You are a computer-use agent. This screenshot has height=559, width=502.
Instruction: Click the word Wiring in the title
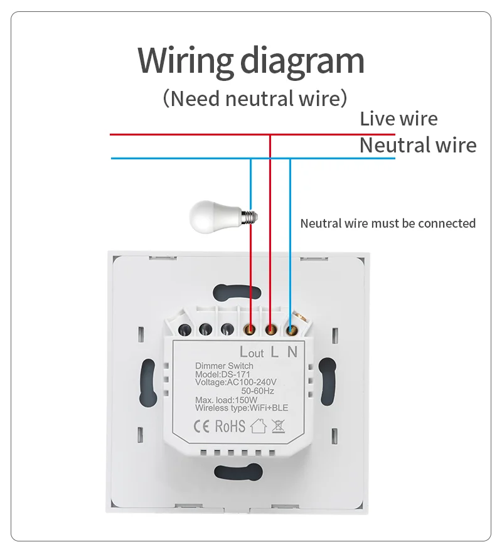(185, 61)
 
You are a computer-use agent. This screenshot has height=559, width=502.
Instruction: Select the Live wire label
(398, 119)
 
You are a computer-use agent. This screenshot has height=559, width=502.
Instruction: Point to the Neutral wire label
(417, 146)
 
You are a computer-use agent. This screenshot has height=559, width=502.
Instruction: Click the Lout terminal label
(252, 352)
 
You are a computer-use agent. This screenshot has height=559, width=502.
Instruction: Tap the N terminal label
(292, 352)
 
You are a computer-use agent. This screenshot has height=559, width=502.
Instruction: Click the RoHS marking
(230, 427)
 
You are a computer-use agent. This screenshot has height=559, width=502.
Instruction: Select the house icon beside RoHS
(258, 427)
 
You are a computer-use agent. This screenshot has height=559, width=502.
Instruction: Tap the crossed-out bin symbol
(279, 427)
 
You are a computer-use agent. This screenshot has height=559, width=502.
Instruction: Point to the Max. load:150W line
(226, 400)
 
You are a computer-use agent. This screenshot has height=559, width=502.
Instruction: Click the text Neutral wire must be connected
(388, 223)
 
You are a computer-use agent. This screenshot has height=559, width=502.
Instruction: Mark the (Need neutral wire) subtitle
(254, 98)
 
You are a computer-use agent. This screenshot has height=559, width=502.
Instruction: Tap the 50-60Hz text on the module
(258, 391)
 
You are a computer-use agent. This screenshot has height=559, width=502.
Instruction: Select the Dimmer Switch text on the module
(224, 366)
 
